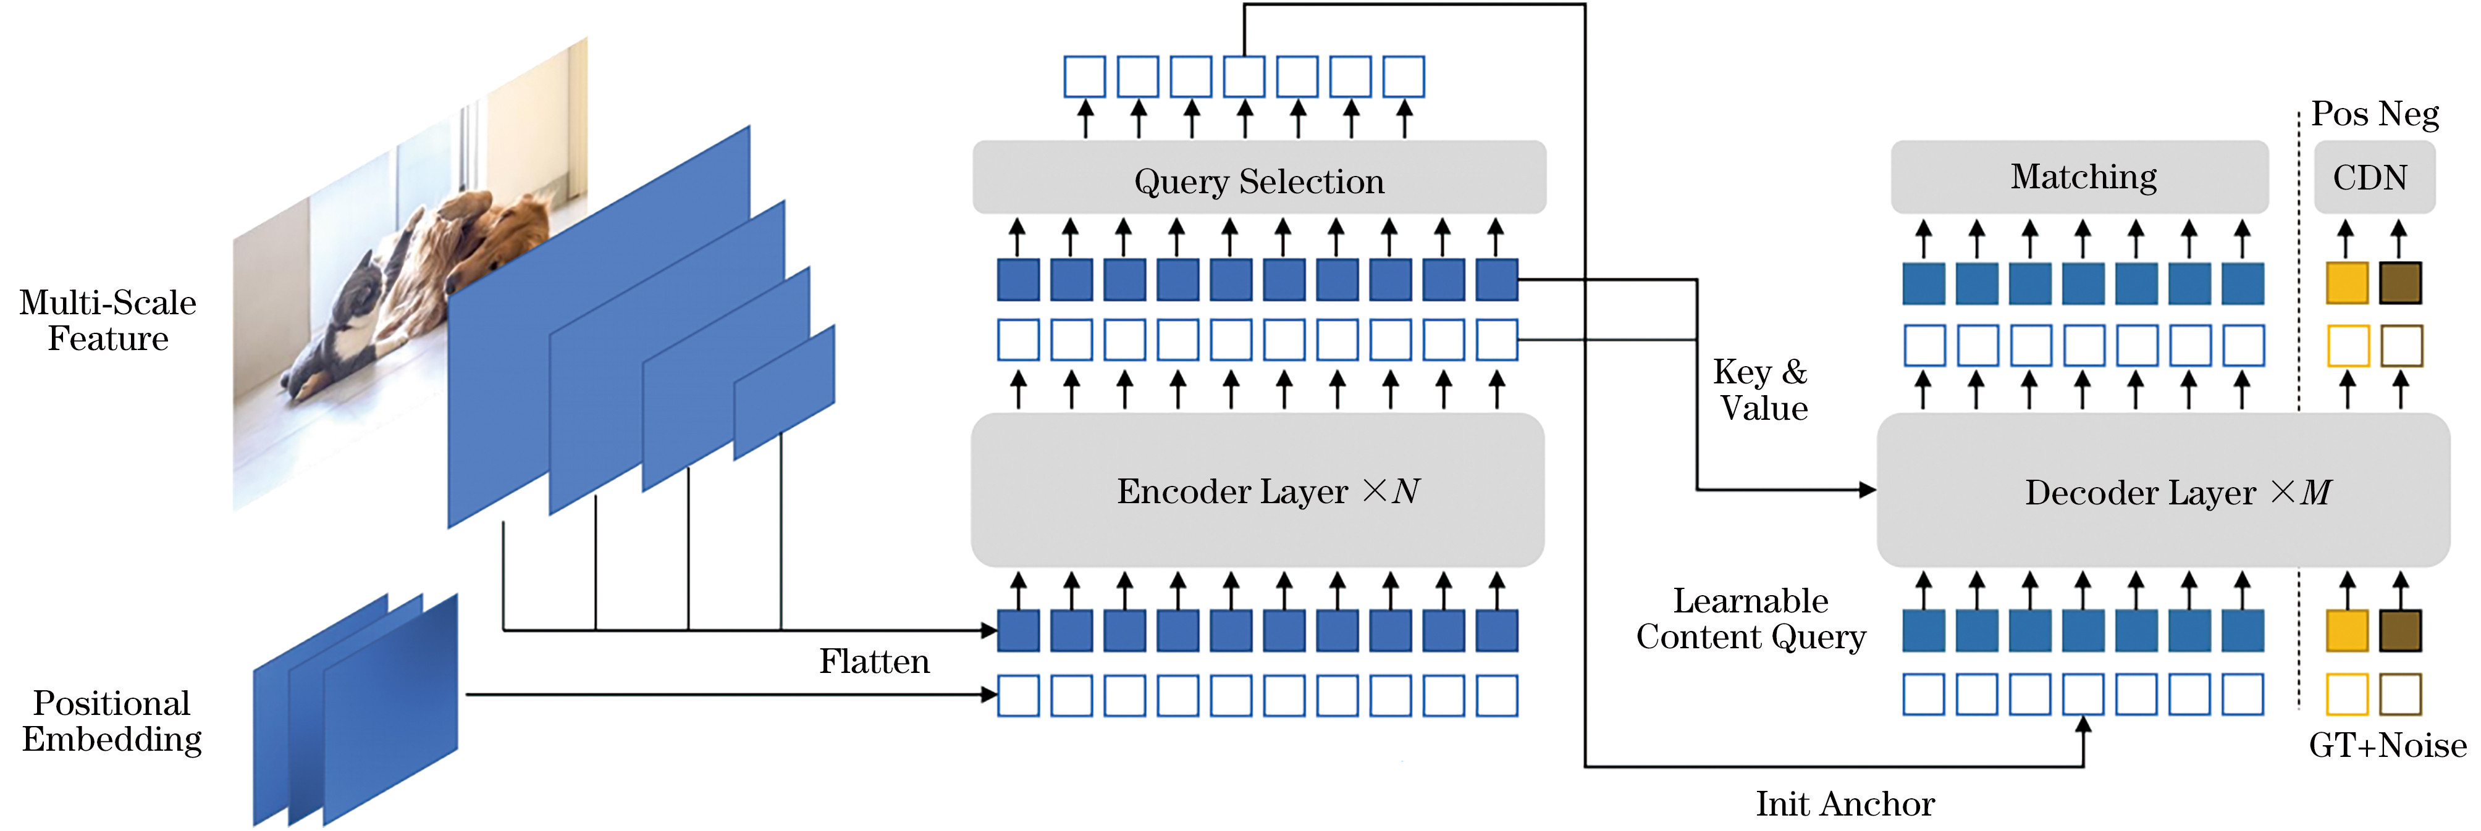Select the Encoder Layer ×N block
[1258, 490]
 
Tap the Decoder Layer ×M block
[2163, 490]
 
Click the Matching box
[2080, 177]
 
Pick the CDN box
[2374, 177]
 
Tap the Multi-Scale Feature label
[108, 320]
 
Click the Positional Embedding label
[112, 721]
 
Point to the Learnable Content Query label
[1751, 618]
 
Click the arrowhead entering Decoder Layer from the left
[1868, 490]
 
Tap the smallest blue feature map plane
[784, 392]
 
